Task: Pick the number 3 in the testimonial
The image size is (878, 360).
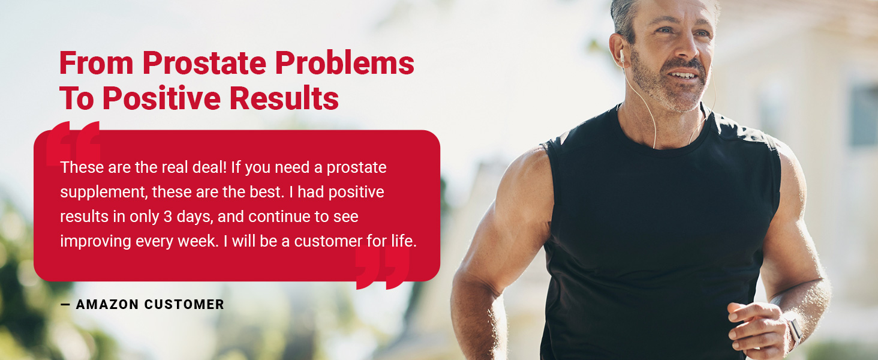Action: pyautogui.click(x=167, y=217)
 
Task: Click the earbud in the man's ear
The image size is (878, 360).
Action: pyautogui.click(x=622, y=57)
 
